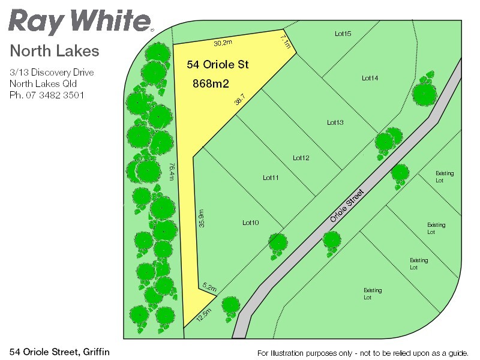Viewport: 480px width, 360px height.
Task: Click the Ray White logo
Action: [80, 21]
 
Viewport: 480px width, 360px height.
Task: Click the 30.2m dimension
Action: [223, 43]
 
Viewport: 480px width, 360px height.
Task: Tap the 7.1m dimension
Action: [286, 42]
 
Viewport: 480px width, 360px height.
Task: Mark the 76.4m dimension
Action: [172, 171]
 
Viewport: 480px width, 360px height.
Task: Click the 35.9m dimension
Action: [202, 217]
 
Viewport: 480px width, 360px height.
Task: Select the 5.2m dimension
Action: [209, 287]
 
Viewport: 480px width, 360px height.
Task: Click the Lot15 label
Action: [343, 34]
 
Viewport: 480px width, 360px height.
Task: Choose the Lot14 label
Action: [370, 78]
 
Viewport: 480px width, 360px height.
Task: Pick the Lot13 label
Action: [335, 122]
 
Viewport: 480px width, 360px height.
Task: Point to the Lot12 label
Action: [301, 158]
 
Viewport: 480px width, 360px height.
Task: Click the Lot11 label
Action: [271, 178]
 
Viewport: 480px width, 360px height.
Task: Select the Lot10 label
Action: [250, 223]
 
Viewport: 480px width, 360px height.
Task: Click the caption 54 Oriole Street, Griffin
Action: [60, 351]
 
